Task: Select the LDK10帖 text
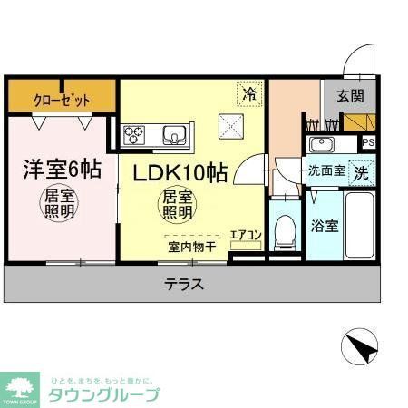180,173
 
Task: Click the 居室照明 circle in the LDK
177,205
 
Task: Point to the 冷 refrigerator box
249,92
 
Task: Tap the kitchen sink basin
173,136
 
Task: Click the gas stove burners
136,136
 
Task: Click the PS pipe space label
367,142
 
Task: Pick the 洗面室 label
324,170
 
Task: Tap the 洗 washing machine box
361,170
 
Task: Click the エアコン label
245,236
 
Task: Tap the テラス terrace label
184,284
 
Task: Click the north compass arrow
360,348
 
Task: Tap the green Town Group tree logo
19,384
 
